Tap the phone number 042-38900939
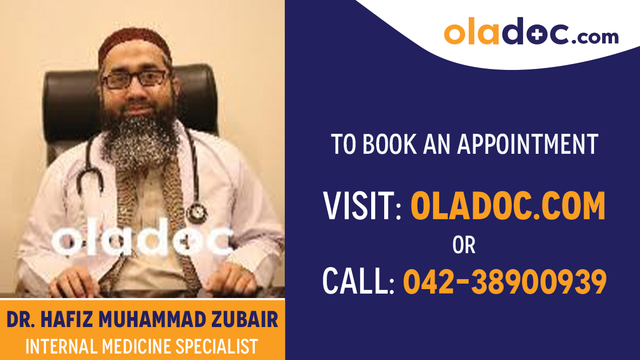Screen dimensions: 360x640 pos(505,281)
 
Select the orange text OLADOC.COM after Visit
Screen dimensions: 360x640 pos(508,206)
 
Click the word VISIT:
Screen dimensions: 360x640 pos(362,206)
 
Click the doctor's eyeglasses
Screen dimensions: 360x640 pos(135,79)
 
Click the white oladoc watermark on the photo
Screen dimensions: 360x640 pos(142,241)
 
